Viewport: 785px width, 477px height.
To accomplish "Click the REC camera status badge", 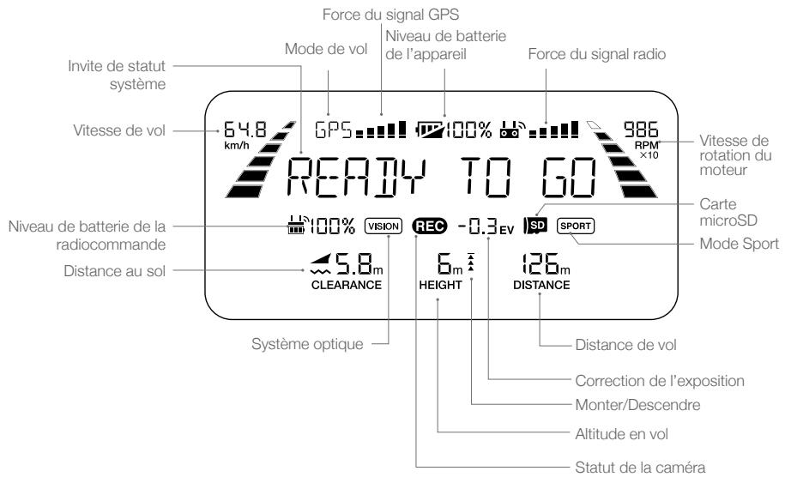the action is pyautogui.click(x=430, y=226).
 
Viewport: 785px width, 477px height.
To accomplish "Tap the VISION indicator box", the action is pyautogui.click(x=383, y=226).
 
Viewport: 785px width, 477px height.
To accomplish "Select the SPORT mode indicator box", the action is pyautogui.click(x=576, y=226).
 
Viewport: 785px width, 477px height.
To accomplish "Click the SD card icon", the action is pyautogui.click(x=535, y=226).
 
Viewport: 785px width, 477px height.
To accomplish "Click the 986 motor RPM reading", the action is pyautogui.click(x=641, y=130).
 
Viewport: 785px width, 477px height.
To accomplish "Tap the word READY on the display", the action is pyautogui.click(x=356, y=177).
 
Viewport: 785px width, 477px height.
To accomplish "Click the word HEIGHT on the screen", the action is pyautogui.click(x=441, y=285).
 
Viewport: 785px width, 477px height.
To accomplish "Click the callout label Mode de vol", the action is pyautogui.click(x=326, y=49).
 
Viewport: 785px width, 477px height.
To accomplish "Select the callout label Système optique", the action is pyautogui.click(x=307, y=344).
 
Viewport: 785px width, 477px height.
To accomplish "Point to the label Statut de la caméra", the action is pyautogui.click(x=640, y=468).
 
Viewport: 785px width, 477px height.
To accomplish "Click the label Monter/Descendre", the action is pyautogui.click(x=637, y=404).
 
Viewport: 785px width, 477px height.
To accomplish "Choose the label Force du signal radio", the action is pyautogui.click(x=597, y=54).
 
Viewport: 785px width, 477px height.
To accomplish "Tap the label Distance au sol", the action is pyautogui.click(x=114, y=271).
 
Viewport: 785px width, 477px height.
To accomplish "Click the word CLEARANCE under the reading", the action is pyautogui.click(x=347, y=285).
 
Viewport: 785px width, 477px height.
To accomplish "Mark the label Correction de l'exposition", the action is pyautogui.click(x=660, y=381).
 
